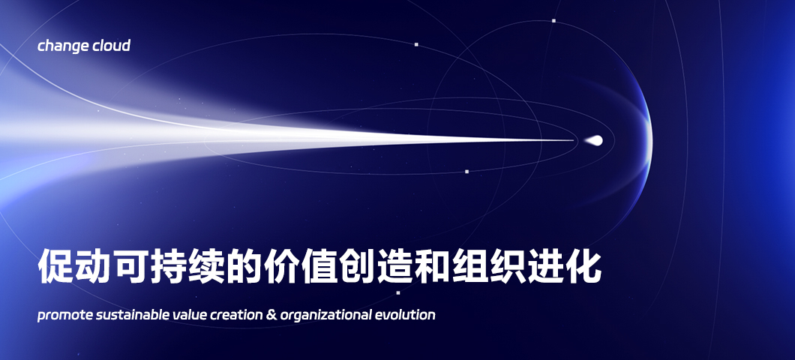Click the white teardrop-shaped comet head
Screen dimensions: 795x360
[594, 140]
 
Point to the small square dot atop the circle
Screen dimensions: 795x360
[553, 21]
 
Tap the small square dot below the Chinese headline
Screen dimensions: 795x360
[398, 292]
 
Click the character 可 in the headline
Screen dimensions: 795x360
[130, 265]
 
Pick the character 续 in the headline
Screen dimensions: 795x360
[205, 265]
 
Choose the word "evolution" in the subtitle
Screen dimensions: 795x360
[405, 315]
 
